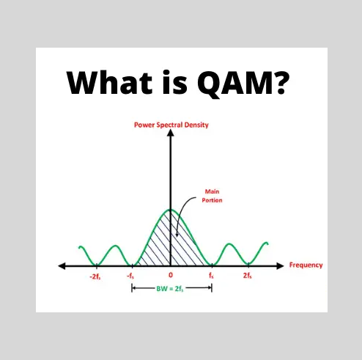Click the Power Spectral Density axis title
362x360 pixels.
171,125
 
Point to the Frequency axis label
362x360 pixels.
306,265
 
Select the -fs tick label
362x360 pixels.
132,276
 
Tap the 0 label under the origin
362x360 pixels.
171,276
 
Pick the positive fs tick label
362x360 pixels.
211,276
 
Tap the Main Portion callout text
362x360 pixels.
213,196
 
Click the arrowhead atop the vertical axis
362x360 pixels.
171,137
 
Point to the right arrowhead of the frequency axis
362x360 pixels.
281,265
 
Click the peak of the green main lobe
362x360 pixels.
171,210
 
